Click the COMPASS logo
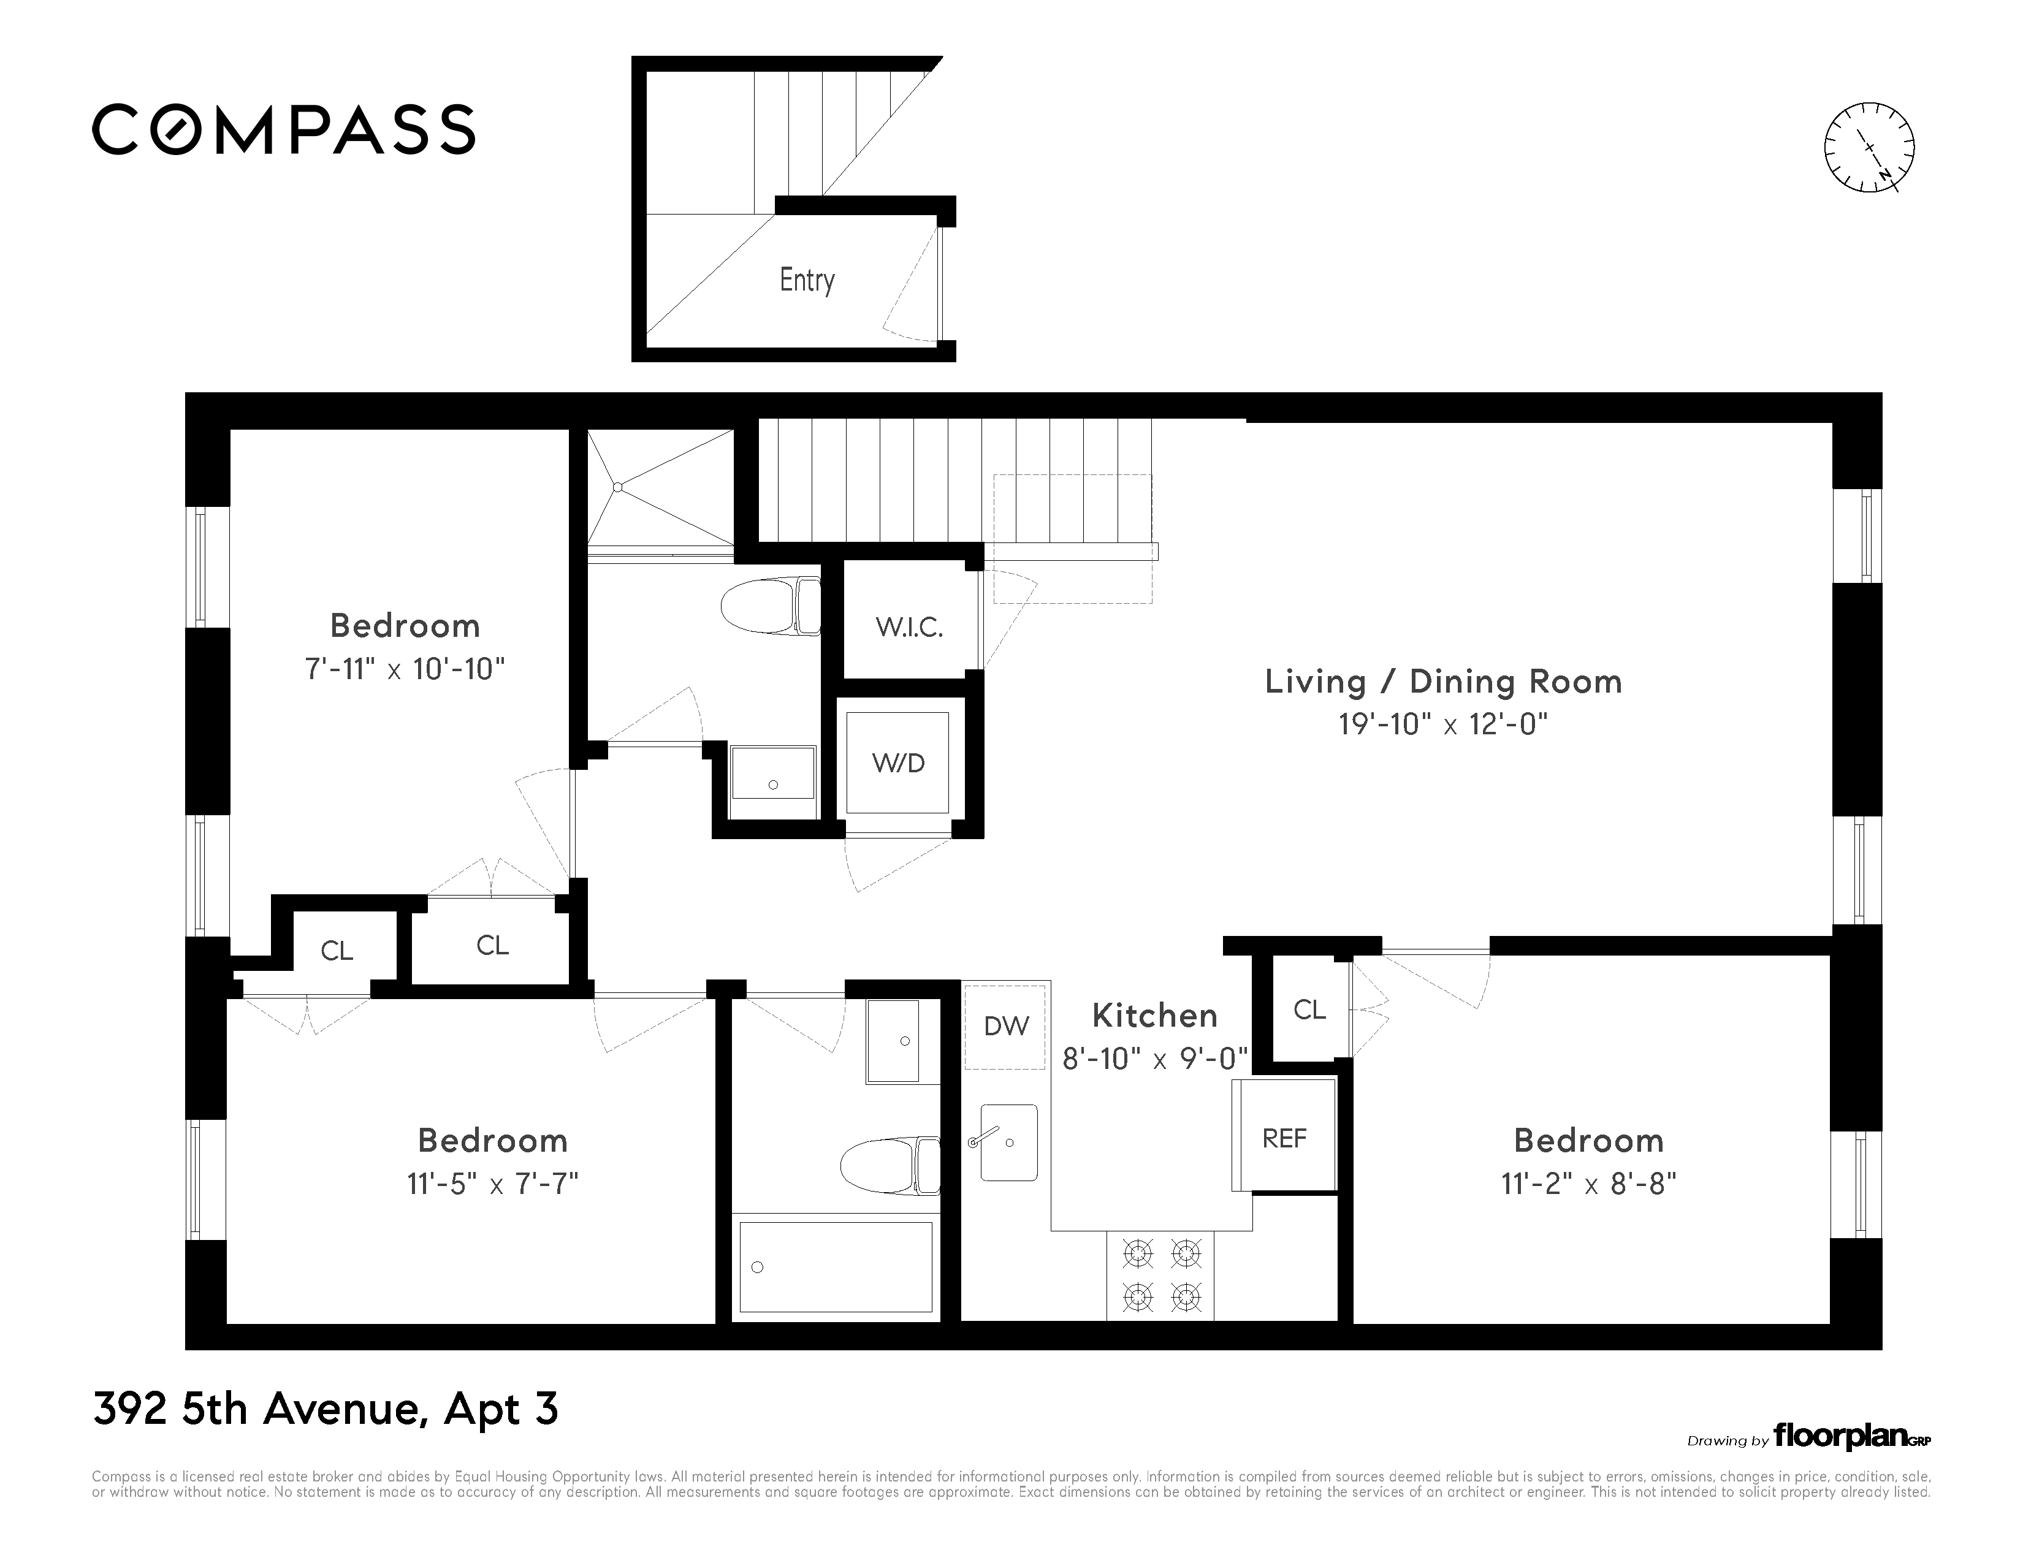pos(283,129)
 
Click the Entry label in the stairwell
pos(807,280)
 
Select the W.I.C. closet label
pos(909,628)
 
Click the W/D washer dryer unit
pos(897,762)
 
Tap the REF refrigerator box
pos(1284,1138)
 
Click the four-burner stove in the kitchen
pos(1160,1276)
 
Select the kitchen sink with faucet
pos(1008,1142)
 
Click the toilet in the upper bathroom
pos(771,606)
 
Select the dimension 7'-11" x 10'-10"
pos(405,669)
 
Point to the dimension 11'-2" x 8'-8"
pos(1588,1184)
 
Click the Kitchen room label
pos(1154,1016)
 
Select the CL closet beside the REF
pos(1309,1010)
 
